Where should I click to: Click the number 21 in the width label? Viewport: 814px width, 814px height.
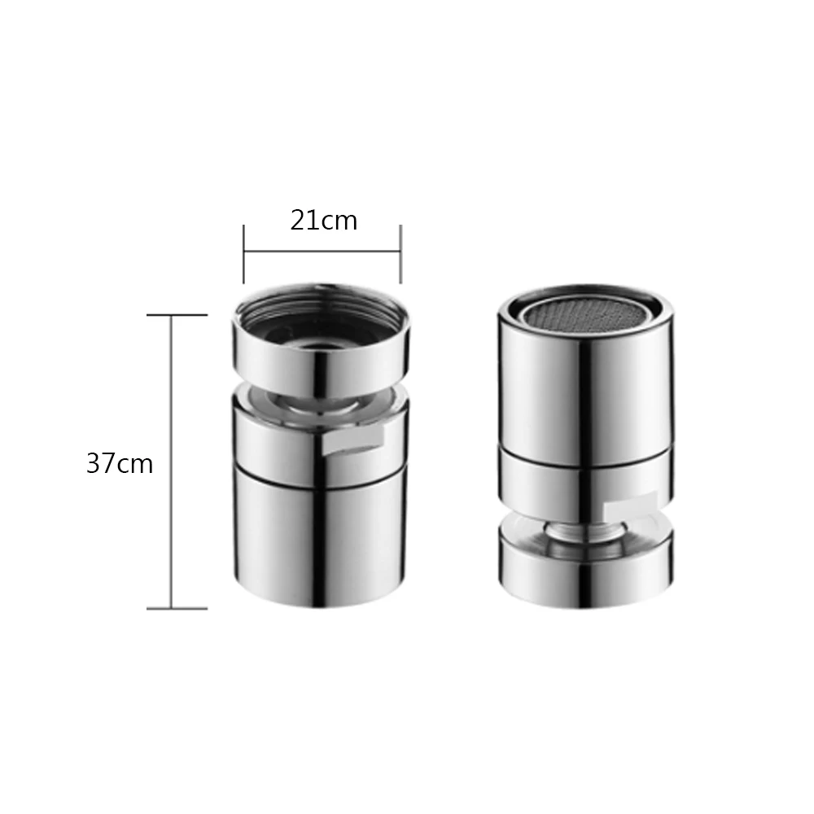(304, 221)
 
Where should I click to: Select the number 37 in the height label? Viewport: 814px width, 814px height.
(101, 464)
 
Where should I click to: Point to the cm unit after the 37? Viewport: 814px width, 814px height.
(135, 465)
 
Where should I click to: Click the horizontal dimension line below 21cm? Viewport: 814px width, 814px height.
(322, 252)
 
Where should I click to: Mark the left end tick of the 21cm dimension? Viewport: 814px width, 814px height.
(244, 253)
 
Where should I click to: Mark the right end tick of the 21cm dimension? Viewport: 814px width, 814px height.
(400, 253)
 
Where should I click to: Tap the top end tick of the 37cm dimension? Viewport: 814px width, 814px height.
(176, 315)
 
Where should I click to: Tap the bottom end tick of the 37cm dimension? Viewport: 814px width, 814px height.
(176, 608)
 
